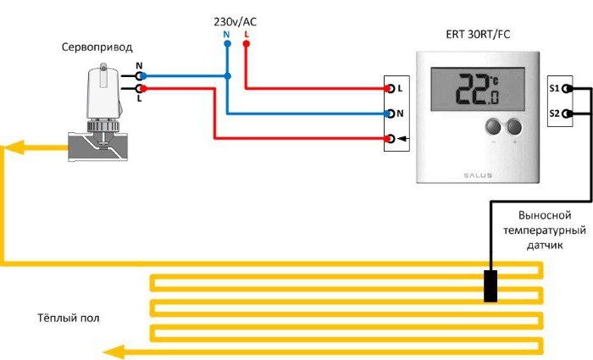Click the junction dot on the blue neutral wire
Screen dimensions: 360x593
tap(226, 75)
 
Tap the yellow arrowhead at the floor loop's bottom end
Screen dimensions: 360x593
tap(110, 352)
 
